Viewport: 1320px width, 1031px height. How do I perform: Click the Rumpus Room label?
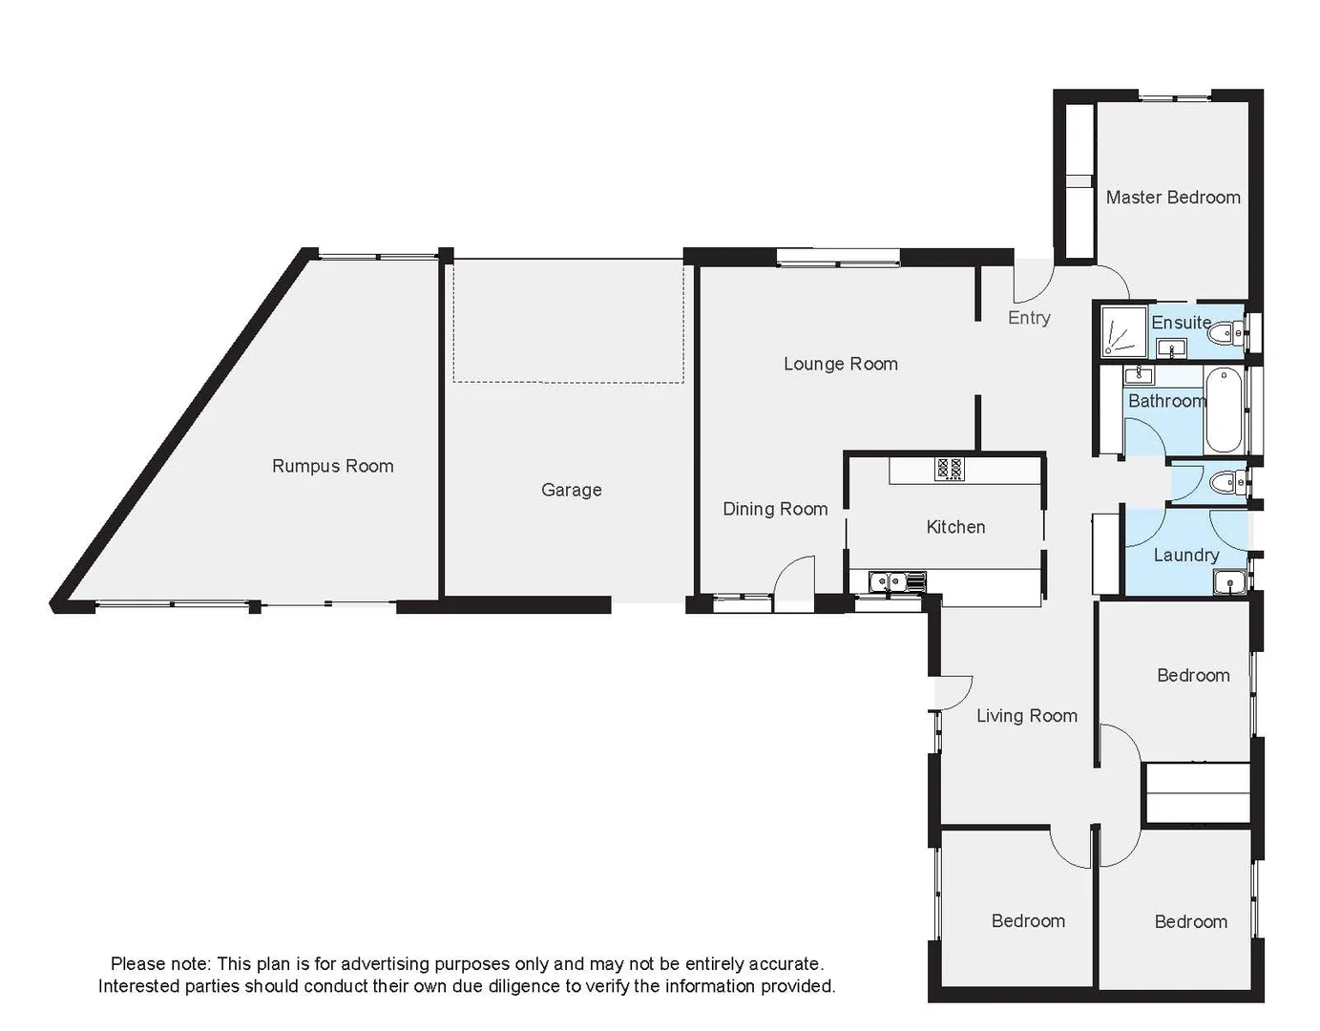click(332, 466)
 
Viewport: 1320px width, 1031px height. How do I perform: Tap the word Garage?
click(571, 490)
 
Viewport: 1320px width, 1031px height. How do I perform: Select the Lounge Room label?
click(840, 364)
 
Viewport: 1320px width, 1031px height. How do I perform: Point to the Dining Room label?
click(774, 509)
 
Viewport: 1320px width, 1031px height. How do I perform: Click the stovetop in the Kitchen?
click(949, 469)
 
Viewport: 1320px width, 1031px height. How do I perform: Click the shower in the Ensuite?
click(1121, 330)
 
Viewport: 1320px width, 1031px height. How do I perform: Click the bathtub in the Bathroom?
click(1223, 411)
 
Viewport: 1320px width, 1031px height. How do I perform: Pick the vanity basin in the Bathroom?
click(1138, 374)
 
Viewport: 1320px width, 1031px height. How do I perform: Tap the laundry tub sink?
click(1230, 581)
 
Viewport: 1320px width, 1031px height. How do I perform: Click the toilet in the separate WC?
click(1226, 484)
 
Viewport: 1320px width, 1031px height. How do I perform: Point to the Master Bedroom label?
click(1173, 198)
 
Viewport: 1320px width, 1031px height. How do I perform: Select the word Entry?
click(1028, 318)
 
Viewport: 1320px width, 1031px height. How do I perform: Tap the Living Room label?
click(1026, 716)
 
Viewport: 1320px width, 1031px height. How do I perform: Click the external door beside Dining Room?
click(794, 584)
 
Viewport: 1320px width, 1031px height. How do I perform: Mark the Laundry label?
click(1185, 556)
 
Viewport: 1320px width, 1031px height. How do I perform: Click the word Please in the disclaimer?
click(136, 964)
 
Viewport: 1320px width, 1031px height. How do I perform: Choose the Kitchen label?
click(954, 527)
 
